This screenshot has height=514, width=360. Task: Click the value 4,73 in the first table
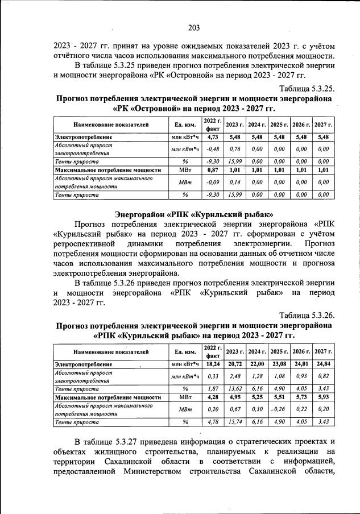[213, 137]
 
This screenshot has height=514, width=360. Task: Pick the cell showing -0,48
[213, 150]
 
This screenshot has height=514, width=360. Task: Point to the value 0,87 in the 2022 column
[213, 169]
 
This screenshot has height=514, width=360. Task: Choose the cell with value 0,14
[234, 182]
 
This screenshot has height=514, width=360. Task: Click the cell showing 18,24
[213, 363]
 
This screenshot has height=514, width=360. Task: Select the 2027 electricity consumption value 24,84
[323, 363]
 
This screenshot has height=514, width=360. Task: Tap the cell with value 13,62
[234, 388]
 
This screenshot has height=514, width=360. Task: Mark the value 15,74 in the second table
[234, 421]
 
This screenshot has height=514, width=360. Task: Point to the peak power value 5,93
[323, 396]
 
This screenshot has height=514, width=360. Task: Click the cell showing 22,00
[256, 363]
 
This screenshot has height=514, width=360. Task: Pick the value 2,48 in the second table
[234, 376]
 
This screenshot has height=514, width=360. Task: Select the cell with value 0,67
[234, 409]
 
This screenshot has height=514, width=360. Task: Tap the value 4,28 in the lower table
[213, 396]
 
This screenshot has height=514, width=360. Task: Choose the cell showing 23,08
[279, 363]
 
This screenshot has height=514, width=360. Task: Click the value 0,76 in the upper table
[234, 150]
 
